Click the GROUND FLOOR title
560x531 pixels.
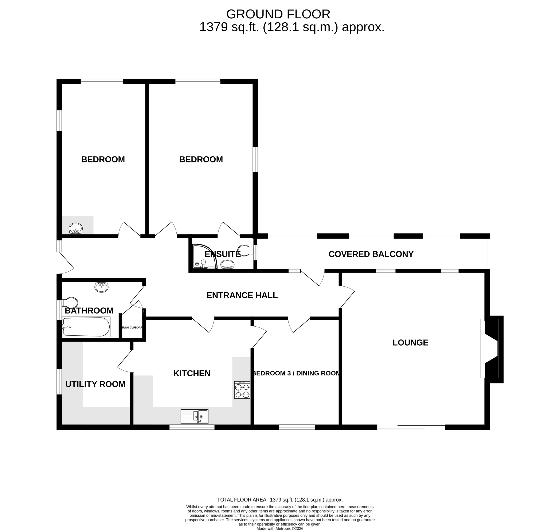click(x=278, y=14)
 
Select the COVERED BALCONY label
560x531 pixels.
click(x=371, y=254)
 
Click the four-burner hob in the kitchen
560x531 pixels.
click(x=242, y=390)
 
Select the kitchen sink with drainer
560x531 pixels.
click(x=195, y=416)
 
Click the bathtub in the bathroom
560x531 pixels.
click(x=86, y=327)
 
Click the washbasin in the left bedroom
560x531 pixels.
click(x=76, y=228)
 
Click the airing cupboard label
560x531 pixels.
click(x=132, y=327)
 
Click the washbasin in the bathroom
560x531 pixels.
click(x=101, y=287)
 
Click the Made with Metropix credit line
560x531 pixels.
click(x=280, y=528)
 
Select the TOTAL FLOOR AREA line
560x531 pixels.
click(x=280, y=500)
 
